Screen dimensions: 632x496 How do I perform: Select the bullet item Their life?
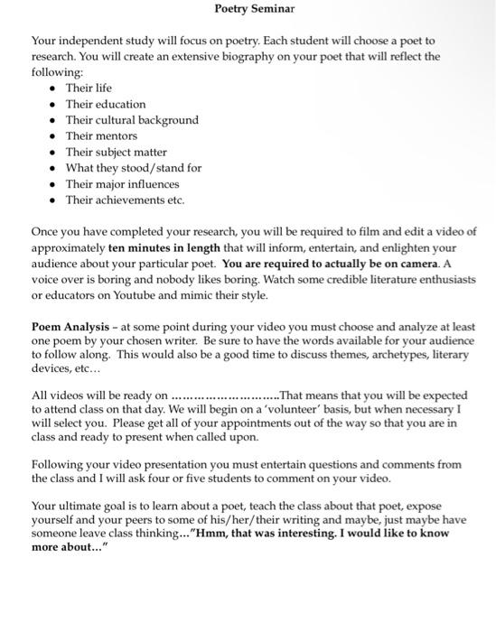click(89, 88)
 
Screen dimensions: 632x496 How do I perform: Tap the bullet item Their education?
click(105, 104)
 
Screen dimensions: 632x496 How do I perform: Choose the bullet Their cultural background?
click(132, 119)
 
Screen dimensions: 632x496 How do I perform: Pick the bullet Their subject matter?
click(116, 152)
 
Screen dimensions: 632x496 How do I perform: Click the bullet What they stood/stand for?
click(133, 168)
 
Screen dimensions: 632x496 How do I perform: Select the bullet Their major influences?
click(122, 184)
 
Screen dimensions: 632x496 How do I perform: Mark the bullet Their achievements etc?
click(124, 200)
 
